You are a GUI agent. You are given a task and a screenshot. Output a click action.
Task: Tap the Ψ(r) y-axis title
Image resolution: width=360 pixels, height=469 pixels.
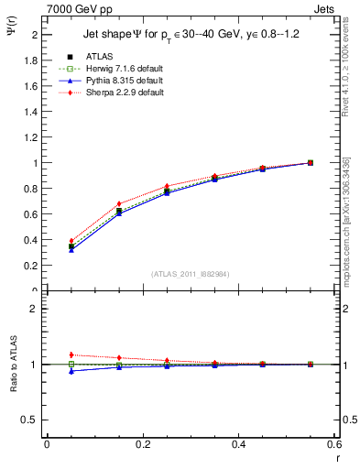[x=10, y=33]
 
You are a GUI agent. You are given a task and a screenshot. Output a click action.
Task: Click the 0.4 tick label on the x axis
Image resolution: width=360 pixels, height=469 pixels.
[x=239, y=444]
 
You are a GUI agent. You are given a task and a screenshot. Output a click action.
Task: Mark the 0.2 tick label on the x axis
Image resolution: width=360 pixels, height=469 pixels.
[x=143, y=444]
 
